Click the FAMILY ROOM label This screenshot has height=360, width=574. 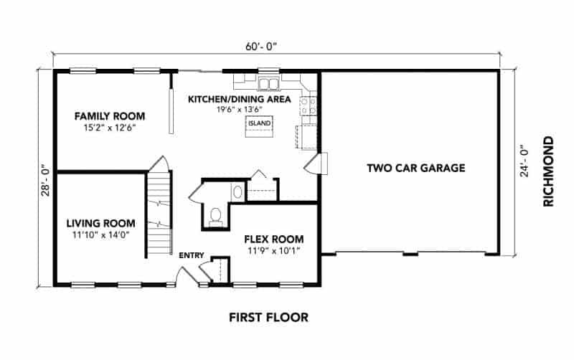point(110,116)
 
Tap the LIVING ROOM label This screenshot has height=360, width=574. point(100,223)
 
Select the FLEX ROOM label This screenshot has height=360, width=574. point(274,240)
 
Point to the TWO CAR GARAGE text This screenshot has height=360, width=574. point(416,168)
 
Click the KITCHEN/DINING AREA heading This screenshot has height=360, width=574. point(240,99)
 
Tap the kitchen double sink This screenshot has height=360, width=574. point(268,84)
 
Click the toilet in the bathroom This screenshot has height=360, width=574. point(216,217)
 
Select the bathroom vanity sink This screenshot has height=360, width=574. point(237,191)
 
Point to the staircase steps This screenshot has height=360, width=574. point(159,214)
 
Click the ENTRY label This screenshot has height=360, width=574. point(192,255)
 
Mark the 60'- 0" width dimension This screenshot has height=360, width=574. point(261,47)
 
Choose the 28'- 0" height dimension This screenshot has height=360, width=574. point(45,182)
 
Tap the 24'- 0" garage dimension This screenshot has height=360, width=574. point(524,161)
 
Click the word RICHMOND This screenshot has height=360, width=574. point(548,171)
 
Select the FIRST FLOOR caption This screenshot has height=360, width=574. point(268,317)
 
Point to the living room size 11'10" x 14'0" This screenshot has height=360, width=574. point(101,235)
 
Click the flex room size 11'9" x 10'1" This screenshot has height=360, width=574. point(274,251)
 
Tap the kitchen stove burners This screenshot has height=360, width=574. point(309,105)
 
